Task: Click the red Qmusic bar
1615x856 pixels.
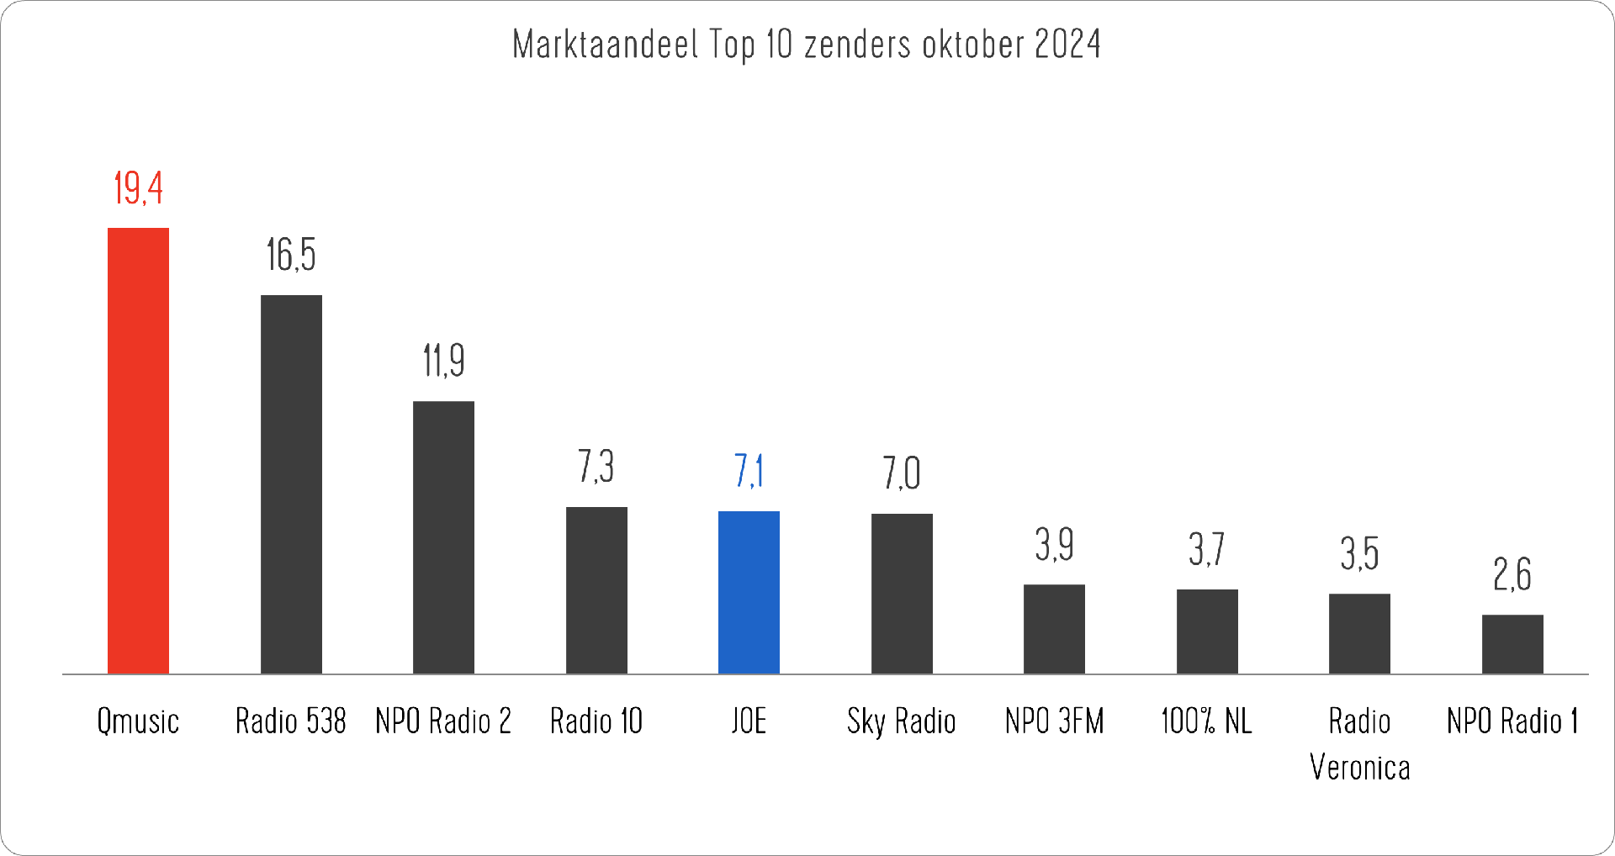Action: tap(138, 451)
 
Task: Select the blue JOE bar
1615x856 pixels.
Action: tap(749, 592)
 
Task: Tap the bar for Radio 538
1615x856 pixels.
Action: tap(291, 484)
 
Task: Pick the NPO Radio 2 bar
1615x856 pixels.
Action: tap(443, 537)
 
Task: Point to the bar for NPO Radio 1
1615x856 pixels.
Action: tap(1512, 644)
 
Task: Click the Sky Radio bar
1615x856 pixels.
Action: tap(902, 594)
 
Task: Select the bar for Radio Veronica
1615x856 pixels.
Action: tap(1359, 633)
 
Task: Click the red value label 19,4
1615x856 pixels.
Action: tap(138, 188)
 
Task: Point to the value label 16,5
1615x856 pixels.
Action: tap(291, 255)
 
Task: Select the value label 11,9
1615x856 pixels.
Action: tap(443, 361)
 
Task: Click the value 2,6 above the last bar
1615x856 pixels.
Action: tap(1512, 575)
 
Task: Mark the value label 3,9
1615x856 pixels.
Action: tap(1054, 545)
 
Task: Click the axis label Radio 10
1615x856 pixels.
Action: tap(596, 721)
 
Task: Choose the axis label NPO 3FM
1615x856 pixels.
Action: tap(1054, 721)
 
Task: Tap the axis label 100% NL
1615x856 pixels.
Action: tap(1206, 721)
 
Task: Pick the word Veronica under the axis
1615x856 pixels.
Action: tap(1359, 768)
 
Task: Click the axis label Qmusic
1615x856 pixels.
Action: tap(138, 721)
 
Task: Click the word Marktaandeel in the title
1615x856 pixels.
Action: tap(605, 45)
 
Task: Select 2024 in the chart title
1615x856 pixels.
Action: tap(1067, 45)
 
